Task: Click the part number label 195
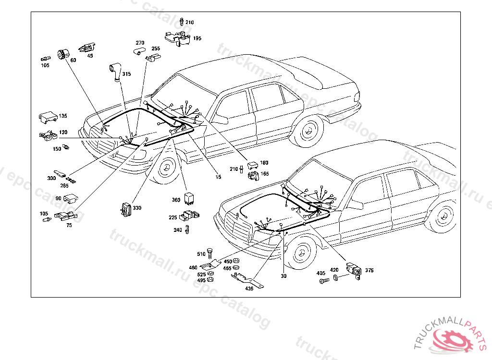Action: coord(197,38)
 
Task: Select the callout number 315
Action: coord(126,74)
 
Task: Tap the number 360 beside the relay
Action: coord(176,200)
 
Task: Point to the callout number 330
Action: coord(137,208)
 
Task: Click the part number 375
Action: coord(369,270)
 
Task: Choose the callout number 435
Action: coord(249,288)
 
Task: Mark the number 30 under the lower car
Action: coord(283,276)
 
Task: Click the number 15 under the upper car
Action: coord(218,177)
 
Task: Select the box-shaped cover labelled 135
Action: coord(47,117)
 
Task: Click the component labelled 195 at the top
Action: coord(176,37)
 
